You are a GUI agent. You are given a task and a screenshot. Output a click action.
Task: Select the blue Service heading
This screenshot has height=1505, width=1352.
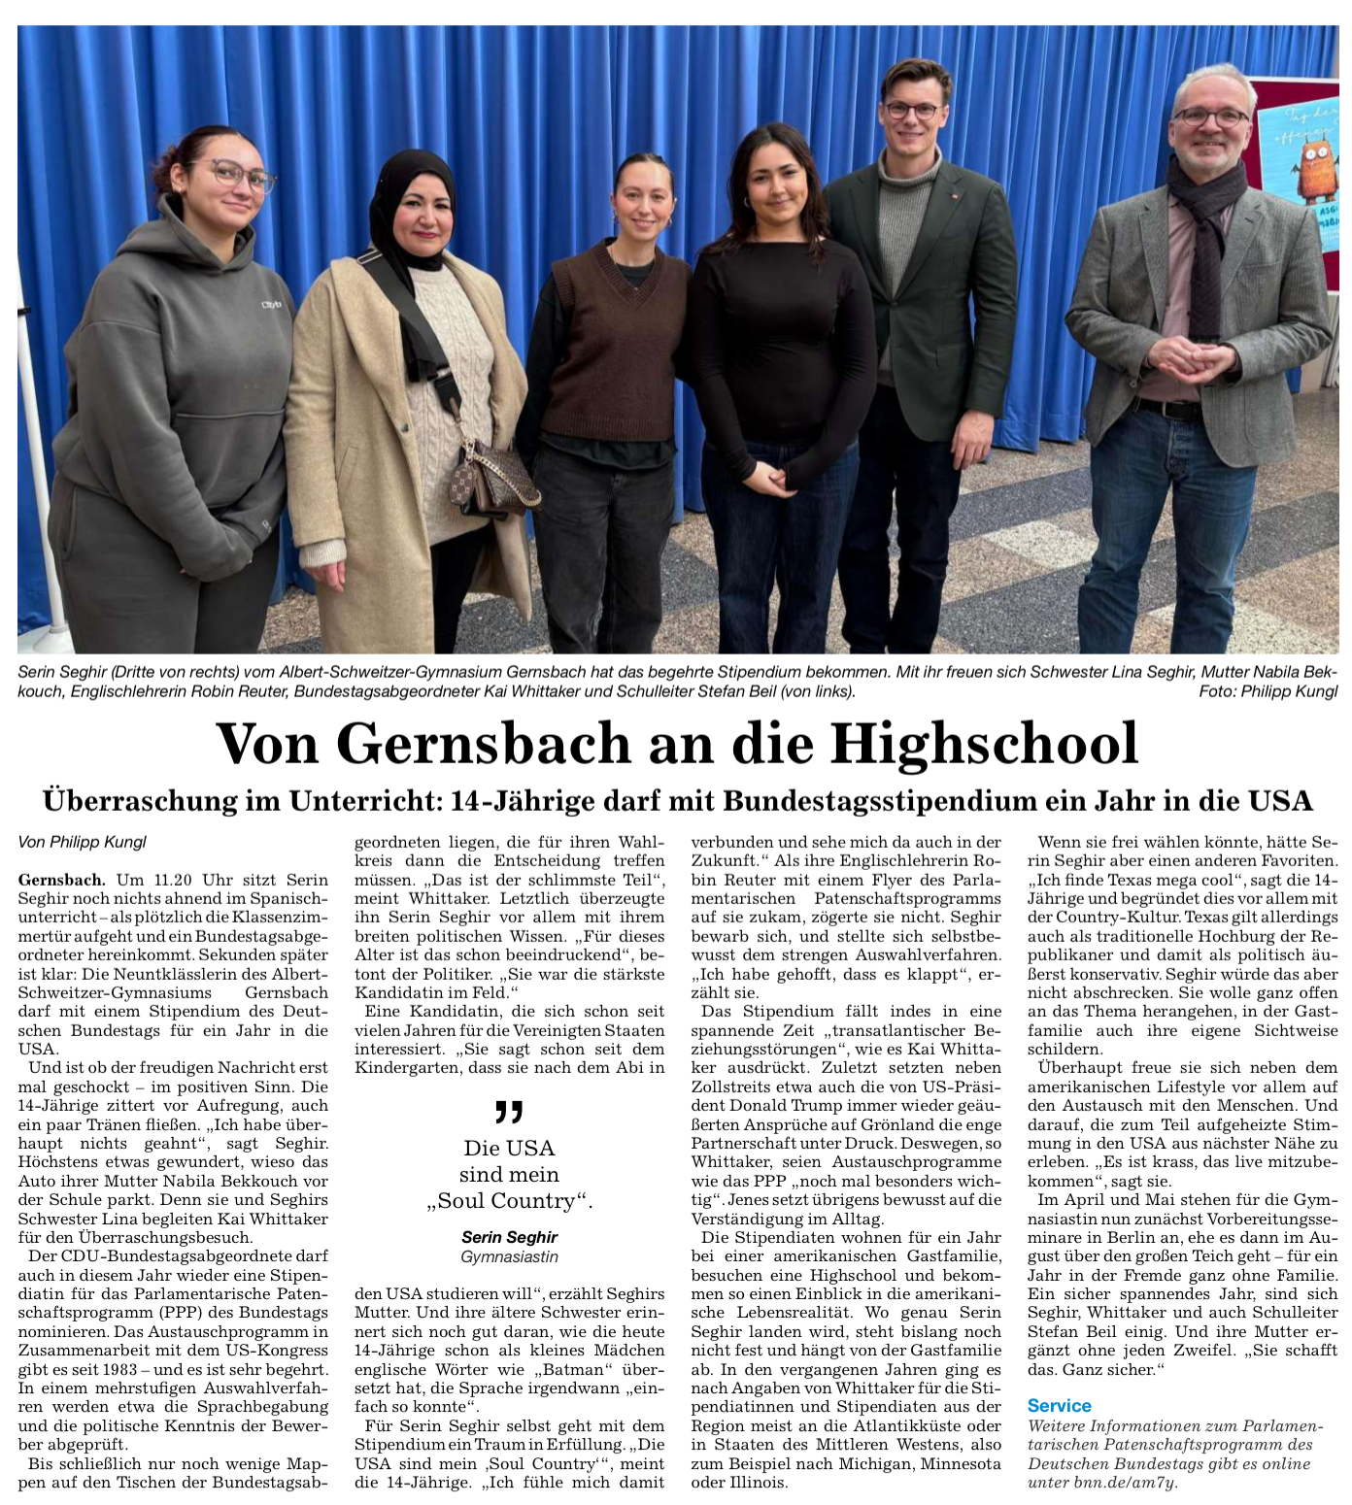point(1059,1406)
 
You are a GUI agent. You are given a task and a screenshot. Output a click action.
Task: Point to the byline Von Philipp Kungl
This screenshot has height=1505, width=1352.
point(83,842)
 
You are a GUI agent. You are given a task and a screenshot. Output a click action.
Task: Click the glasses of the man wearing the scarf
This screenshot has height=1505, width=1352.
point(1210,117)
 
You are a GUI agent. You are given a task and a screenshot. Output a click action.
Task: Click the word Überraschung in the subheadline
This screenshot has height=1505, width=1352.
point(141,801)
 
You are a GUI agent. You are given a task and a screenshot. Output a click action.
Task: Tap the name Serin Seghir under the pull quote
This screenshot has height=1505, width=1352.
point(509,1237)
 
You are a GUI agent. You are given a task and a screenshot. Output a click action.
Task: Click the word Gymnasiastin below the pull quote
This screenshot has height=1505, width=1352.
point(509,1256)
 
